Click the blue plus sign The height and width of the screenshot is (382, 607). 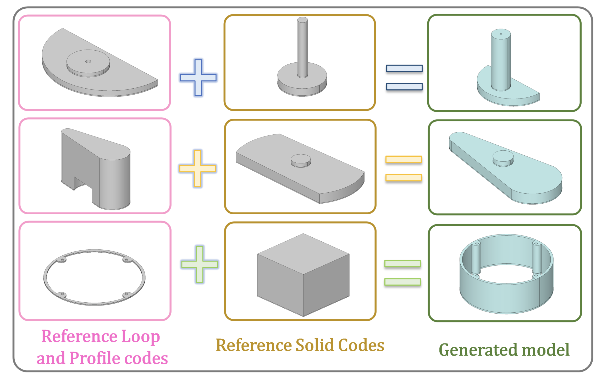click(198, 78)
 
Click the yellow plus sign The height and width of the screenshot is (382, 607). click(198, 168)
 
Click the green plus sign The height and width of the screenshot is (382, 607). click(200, 264)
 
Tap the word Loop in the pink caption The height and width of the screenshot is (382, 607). click(141, 336)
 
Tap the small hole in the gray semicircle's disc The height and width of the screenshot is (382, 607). click(88, 61)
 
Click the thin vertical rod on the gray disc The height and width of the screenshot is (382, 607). click(302, 47)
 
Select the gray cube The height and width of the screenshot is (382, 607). click(303, 275)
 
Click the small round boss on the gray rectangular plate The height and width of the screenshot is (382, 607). click(301, 160)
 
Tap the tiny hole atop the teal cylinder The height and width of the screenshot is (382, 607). click(501, 34)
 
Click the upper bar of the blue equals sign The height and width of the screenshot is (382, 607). click(404, 68)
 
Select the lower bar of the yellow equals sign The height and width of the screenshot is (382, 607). click(404, 178)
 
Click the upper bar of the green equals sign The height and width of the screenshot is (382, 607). click(402, 263)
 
